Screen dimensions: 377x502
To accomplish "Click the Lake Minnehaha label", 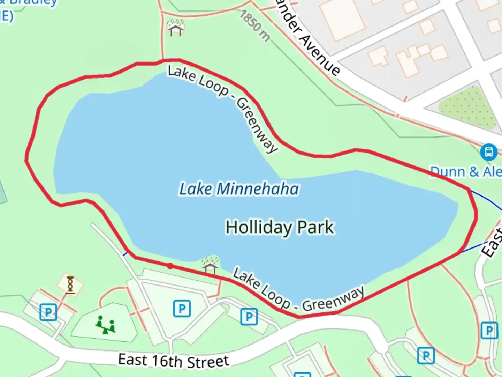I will [x=239, y=189].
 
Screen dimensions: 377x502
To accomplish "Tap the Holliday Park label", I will [x=280, y=227].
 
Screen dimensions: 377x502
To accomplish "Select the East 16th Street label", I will [x=174, y=361].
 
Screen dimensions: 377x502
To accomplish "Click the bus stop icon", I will [x=488, y=152].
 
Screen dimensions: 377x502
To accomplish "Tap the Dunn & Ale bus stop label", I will [x=466, y=172].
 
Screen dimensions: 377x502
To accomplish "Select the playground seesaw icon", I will [x=105, y=325].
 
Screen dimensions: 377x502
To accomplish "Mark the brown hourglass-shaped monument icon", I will [x=70, y=284].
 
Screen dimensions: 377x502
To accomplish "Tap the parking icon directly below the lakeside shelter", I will [x=182, y=309].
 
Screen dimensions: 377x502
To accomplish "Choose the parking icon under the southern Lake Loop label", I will [x=249, y=317].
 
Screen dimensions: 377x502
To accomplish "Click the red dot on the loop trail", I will [x=170, y=266].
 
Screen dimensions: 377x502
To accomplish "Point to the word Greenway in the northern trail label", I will [x=257, y=125].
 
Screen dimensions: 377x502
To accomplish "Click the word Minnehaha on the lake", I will [x=258, y=189].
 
